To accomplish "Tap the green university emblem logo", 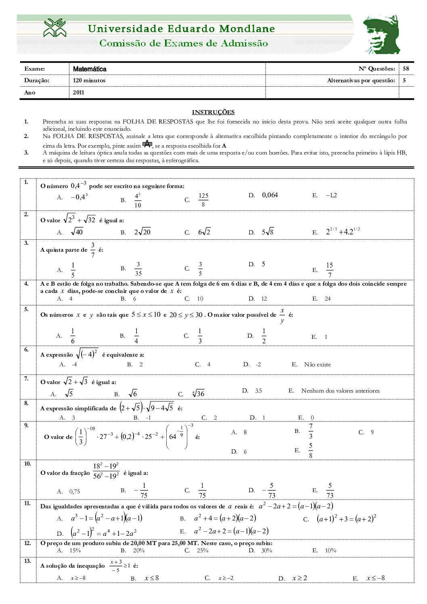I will click(55, 28).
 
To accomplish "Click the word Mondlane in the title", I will click(247, 29).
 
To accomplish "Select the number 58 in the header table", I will click(406, 69).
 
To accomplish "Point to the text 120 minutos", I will click(89, 80).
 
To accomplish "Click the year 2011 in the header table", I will click(79, 92).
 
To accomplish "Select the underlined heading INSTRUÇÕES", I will click(213, 112).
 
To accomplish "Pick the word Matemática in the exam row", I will click(90, 69).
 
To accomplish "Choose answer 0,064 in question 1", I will click(270, 195).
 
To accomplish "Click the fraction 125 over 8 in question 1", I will click(203, 200).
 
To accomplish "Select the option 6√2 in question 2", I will click(204, 232).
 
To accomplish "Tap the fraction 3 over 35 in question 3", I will click(138, 269).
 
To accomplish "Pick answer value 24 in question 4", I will click(328, 299).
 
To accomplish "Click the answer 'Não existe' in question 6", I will click(317, 365).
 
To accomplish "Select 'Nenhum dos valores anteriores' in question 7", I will click(340, 391).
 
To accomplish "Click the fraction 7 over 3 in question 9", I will click(311, 431).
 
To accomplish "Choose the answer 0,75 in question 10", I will click(75, 492).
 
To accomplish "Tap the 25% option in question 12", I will click(203, 551).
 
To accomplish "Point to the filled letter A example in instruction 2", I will click(147, 144).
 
